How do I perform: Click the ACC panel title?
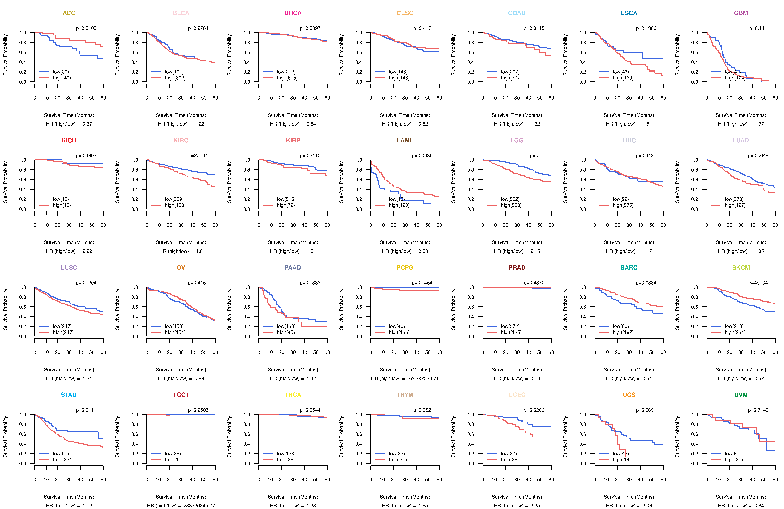pyautogui.click(x=69, y=13)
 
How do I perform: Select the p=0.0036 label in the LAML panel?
pyautogui.click(x=422, y=156)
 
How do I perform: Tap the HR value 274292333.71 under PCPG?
pyautogui.click(x=423, y=378)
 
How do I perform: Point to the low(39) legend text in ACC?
pyautogui.click(x=61, y=72)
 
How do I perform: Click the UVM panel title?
pyautogui.click(x=741, y=395)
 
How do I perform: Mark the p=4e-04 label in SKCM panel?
pyautogui.click(x=758, y=283)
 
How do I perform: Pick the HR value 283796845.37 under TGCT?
pyautogui.click(x=199, y=506)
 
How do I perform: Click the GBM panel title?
pyautogui.click(x=741, y=13)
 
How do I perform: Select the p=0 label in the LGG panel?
pyautogui.click(x=534, y=156)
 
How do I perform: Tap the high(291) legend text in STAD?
pyautogui.click(x=63, y=460)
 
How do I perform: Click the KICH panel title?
pyautogui.click(x=69, y=140)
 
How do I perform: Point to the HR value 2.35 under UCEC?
pyautogui.click(x=535, y=506)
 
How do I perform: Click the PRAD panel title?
pyautogui.click(x=517, y=268)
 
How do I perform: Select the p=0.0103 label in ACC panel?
pyautogui.click(x=86, y=28)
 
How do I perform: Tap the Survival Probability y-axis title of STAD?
pyautogui.click(x=5, y=437)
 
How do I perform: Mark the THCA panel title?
pyautogui.click(x=293, y=395)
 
